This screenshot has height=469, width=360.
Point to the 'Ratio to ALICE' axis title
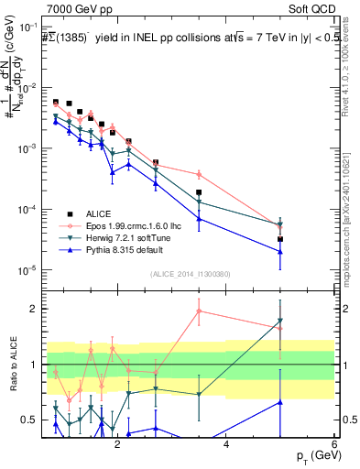[x=13, y=365]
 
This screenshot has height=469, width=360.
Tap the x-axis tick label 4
[x=226, y=444]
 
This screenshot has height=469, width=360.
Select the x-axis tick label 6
[x=334, y=444]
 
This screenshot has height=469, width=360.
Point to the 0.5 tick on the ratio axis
[x=31, y=420]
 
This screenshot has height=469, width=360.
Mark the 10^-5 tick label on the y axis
[x=27, y=270]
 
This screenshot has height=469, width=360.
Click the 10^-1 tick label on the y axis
[x=27, y=27]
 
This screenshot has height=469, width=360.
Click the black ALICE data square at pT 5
[x=280, y=239]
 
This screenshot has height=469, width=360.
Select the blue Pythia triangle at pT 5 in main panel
[x=280, y=252]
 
